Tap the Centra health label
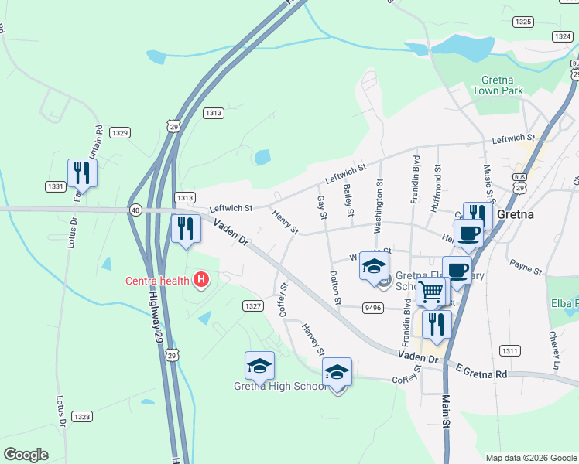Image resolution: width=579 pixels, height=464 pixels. coord(158,280)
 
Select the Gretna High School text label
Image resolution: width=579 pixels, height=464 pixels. coord(281,386)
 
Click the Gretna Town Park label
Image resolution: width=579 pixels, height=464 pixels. coord(502,85)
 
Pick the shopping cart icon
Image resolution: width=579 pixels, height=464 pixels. coord(432,292)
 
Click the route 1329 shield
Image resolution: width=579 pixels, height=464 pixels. coord(119,133)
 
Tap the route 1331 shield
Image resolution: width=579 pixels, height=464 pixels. coord(55,186)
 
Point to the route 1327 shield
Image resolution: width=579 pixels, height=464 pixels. coord(252,306)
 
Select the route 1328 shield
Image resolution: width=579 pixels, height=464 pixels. coord(82,416)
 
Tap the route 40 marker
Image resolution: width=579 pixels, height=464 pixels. coord(136,209)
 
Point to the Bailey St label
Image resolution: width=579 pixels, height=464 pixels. coord(349,200)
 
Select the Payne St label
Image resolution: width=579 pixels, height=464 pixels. coord(526,268)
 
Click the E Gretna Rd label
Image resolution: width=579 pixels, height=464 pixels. coord(481,372)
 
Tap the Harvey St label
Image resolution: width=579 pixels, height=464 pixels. coord(313,340)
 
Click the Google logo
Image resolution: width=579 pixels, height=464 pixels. coord(26,455)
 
